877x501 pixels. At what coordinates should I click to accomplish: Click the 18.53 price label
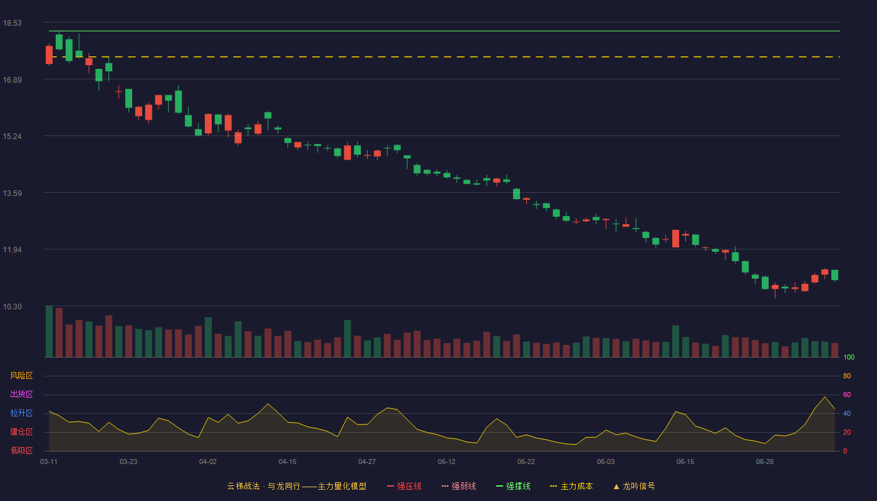[12, 23]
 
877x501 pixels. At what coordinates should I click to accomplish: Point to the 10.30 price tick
[12, 306]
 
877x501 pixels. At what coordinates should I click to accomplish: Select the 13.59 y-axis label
[12, 194]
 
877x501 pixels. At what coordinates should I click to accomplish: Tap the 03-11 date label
[49, 462]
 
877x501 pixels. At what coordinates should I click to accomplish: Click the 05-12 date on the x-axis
[446, 462]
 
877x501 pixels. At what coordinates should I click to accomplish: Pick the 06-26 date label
[765, 462]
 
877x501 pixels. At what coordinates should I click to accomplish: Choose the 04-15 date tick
[288, 462]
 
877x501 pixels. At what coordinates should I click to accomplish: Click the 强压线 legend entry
[404, 486]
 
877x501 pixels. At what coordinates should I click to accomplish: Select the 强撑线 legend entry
[513, 486]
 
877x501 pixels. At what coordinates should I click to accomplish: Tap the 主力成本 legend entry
[571, 486]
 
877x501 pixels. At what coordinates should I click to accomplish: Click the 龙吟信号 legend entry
[634, 486]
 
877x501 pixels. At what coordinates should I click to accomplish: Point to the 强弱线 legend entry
[459, 486]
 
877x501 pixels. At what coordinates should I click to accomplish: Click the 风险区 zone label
[21, 376]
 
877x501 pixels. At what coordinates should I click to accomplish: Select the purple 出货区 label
[21, 394]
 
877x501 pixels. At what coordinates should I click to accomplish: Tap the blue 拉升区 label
[21, 413]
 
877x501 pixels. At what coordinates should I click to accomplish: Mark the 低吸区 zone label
[21, 450]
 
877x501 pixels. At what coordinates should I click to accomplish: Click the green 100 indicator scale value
[849, 357]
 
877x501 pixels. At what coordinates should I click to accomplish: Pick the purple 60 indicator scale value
[847, 395]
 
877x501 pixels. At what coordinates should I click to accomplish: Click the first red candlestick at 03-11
[49, 55]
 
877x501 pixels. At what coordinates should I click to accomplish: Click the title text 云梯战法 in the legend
[243, 486]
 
